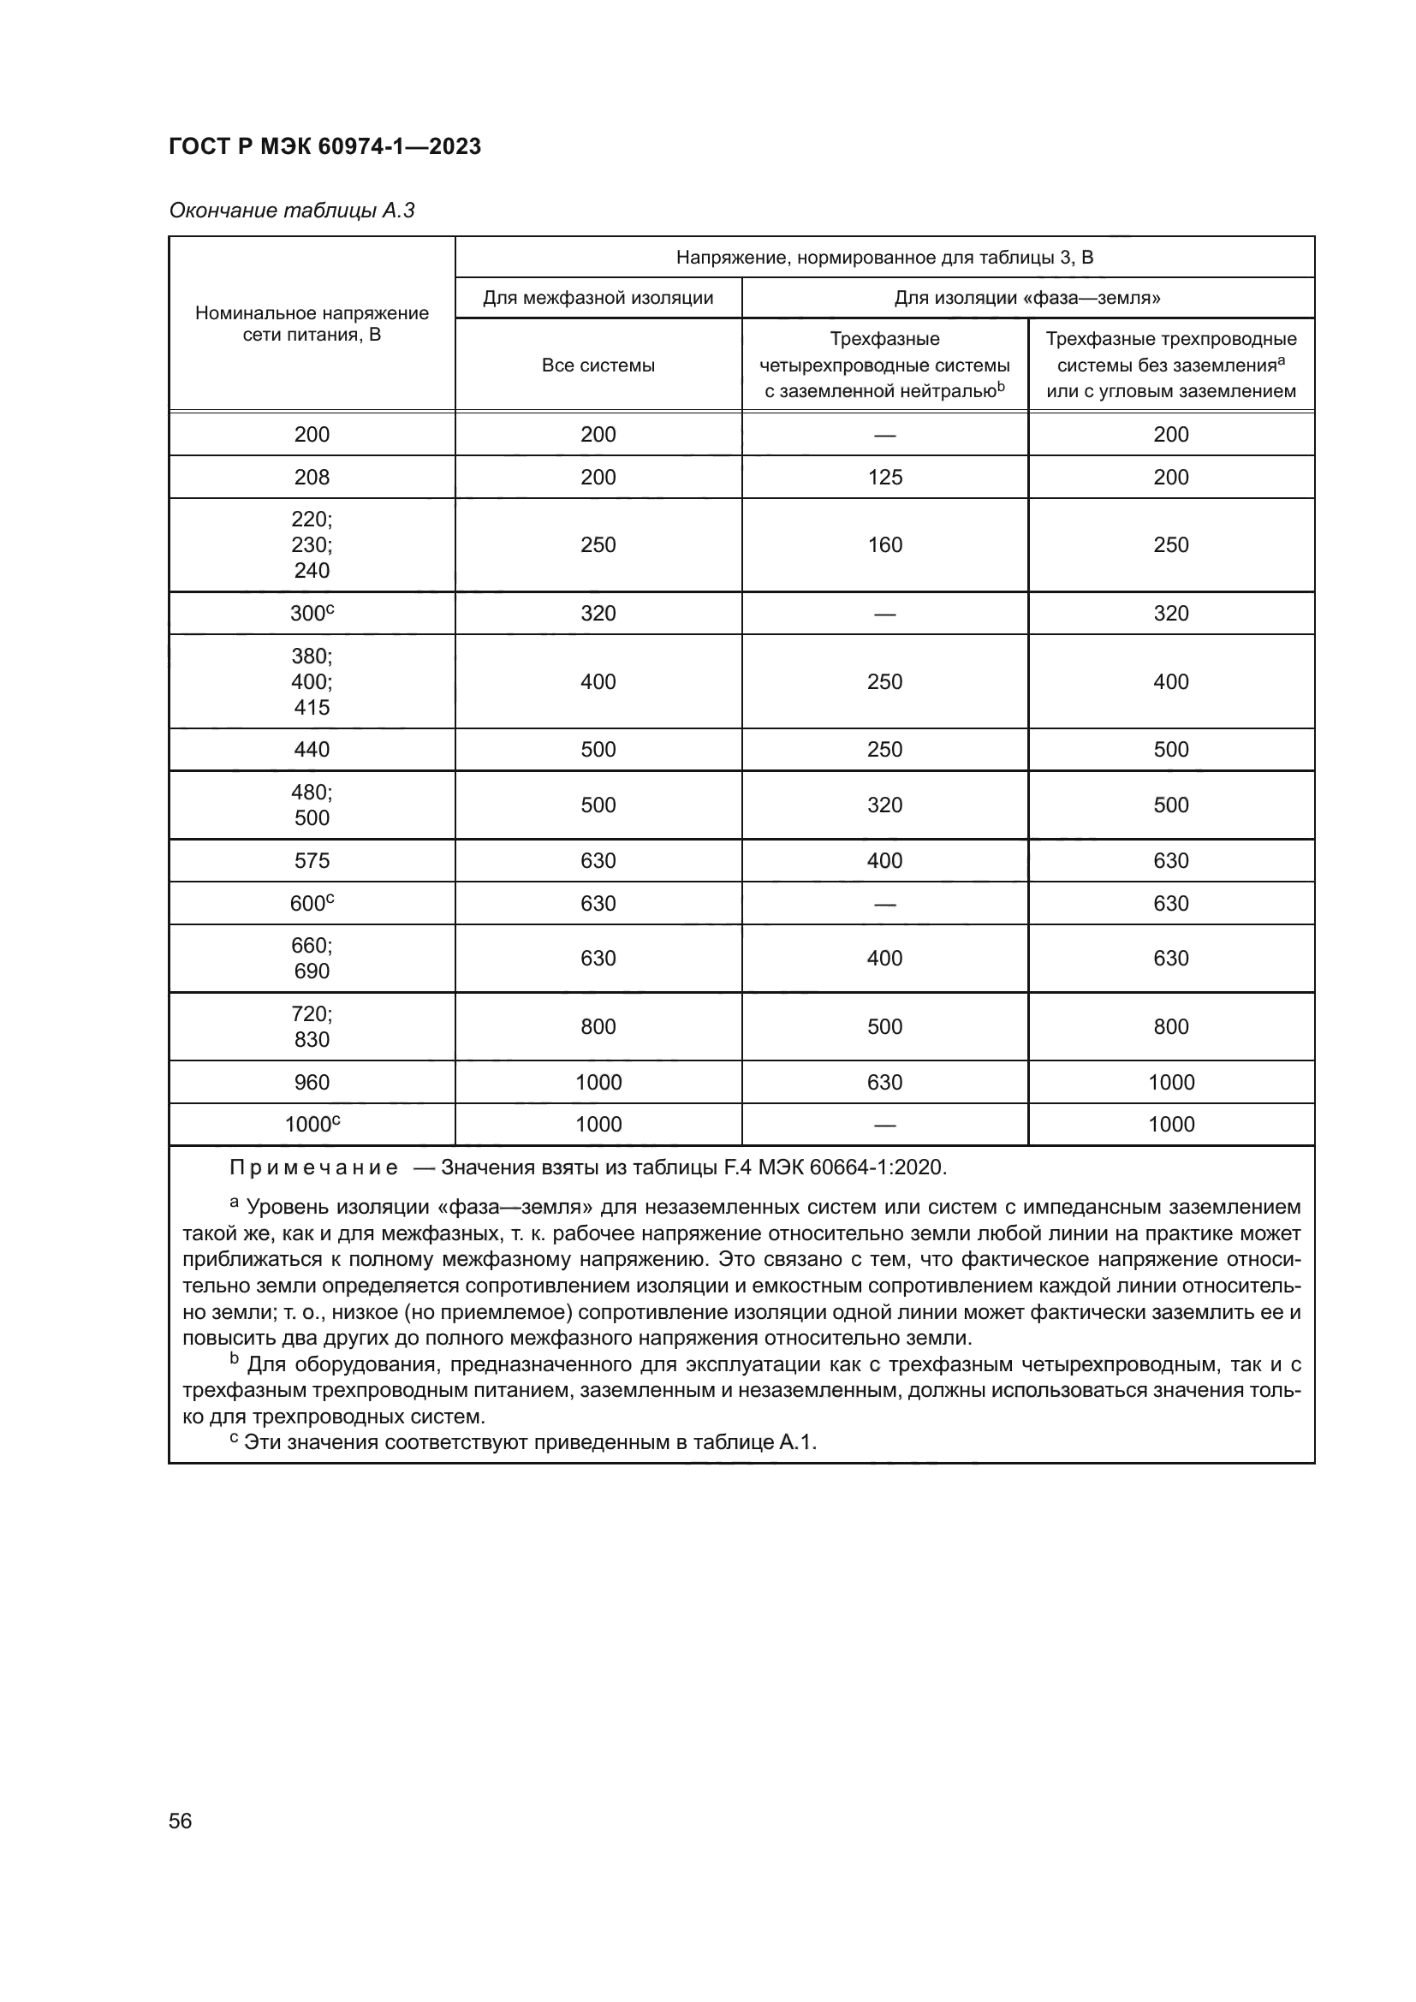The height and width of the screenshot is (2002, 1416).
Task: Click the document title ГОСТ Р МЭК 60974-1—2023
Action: click(324, 146)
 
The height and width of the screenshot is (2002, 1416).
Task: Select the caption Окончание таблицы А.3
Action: click(291, 211)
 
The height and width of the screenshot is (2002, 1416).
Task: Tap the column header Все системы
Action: click(598, 365)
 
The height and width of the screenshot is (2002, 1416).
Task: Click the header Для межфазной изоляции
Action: click(598, 298)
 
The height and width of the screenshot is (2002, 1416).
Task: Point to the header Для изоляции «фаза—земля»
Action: click(1027, 298)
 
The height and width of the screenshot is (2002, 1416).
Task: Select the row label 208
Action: click(312, 477)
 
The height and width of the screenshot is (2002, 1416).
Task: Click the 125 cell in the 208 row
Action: click(884, 477)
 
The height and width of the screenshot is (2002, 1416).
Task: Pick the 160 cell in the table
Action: click(884, 545)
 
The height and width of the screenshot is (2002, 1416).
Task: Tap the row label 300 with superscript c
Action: click(312, 613)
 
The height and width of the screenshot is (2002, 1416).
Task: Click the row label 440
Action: click(312, 749)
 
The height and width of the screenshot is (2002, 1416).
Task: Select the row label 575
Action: click(312, 860)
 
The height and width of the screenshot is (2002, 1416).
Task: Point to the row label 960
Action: click(312, 1082)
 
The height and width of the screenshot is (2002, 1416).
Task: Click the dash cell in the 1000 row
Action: click(884, 1125)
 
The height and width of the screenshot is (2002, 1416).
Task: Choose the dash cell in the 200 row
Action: click(884, 434)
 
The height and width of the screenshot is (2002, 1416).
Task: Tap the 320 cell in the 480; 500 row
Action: click(884, 805)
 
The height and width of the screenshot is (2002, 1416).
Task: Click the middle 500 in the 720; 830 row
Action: click(884, 1026)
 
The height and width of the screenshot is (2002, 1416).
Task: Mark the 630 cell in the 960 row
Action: click(884, 1082)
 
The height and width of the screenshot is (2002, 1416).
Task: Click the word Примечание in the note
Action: click(313, 1167)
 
